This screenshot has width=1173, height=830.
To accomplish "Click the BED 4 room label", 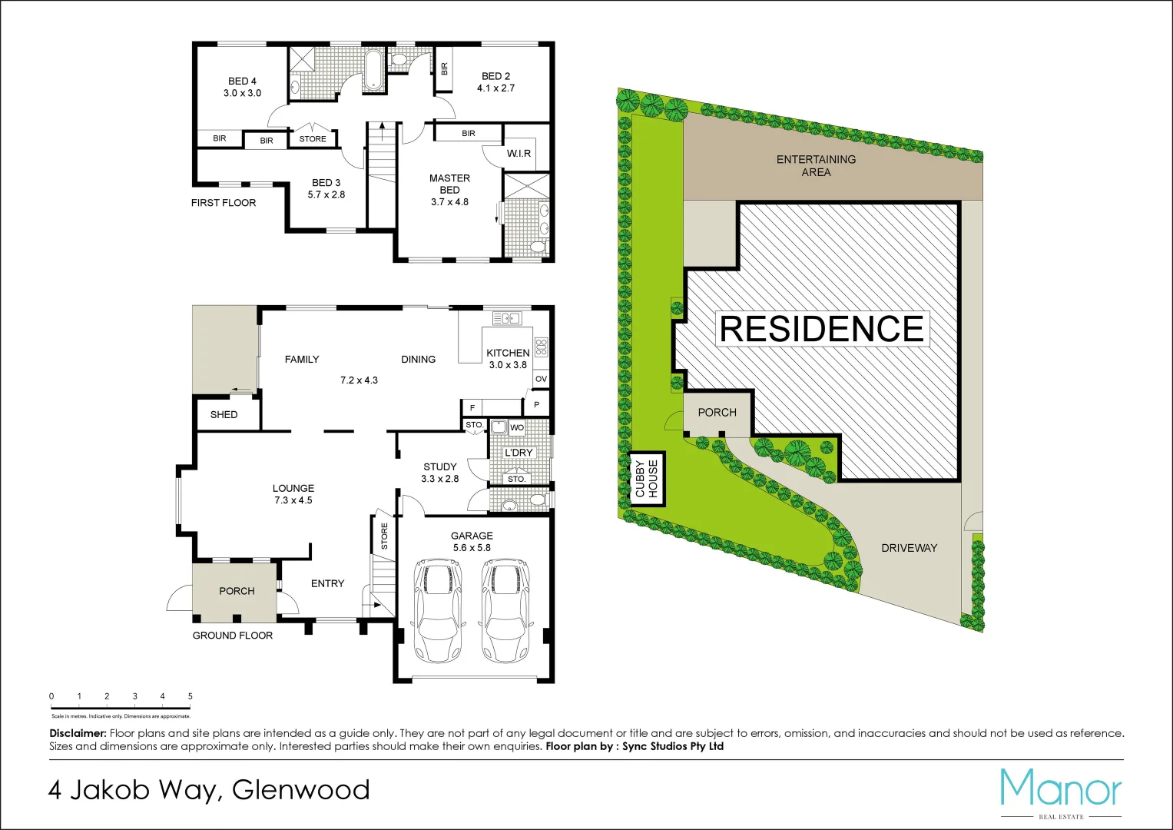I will coord(242,81).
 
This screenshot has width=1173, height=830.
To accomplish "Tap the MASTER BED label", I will coord(449,184).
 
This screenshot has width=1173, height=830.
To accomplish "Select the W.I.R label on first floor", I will coord(519,154).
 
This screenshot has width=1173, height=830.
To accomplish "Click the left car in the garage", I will coord(436,610).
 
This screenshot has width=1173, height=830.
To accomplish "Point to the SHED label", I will coord(224,415).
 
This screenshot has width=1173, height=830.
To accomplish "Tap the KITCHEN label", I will coord(508,354).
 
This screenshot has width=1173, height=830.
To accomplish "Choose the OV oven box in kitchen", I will coord(541,379).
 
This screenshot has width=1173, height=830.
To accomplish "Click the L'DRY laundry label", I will coord(519,453).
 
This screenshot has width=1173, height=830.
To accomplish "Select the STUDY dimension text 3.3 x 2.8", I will coord(439,479).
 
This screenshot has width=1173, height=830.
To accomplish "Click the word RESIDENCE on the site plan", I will coord(821,329).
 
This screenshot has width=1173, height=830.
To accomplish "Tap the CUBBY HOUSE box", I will coord(647,478).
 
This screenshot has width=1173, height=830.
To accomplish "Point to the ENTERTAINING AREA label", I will coord(816,165).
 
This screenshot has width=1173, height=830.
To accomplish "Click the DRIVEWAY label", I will coord(909,548).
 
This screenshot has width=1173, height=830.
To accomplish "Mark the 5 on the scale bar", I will coord(190,696).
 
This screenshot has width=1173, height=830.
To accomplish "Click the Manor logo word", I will coord(1060,788).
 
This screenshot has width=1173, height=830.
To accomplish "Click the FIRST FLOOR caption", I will coord(224,203).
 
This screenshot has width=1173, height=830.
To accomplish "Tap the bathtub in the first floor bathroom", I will coord(373,69).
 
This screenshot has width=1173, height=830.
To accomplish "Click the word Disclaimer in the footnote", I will coord(78,733).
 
